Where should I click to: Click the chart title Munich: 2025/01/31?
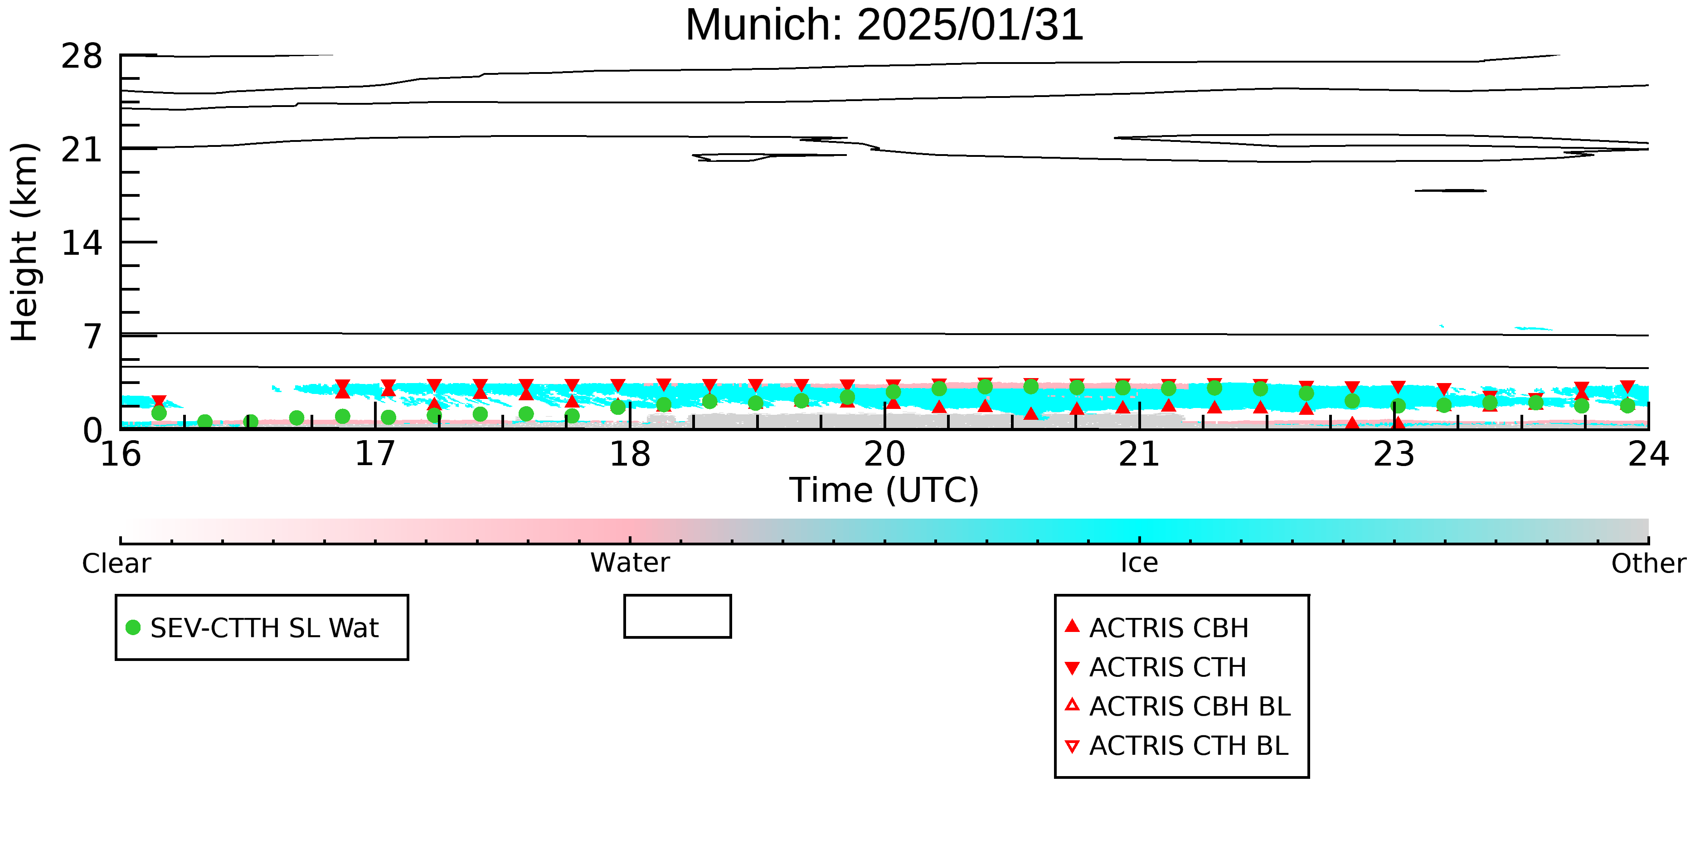(x=884, y=25)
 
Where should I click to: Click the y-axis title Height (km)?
(x=24, y=242)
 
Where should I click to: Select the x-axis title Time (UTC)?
(x=884, y=491)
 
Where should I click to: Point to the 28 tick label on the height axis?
(x=82, y=56)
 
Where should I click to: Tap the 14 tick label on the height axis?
(x=82, y=243)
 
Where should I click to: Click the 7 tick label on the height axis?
(x=93, y=336)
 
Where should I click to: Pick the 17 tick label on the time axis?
(x=375, y=454)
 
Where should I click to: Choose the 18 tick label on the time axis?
(x=630, y=454)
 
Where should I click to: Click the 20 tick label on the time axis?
(x=884, y=454)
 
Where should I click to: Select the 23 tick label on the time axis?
(x=1394, y=454)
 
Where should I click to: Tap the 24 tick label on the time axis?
(x=1648, y=454)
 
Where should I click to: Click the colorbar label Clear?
(x=116, y=563)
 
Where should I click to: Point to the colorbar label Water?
(x=630, y=563)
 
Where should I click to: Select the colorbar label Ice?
(x=1139, y=563)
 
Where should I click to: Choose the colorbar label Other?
(x=1648, y=563)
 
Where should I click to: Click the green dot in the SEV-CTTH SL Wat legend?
(x=133, y=627)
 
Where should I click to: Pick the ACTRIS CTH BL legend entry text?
(x=1189, y=746)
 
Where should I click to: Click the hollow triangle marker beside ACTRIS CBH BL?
(x=1073, y=705)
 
